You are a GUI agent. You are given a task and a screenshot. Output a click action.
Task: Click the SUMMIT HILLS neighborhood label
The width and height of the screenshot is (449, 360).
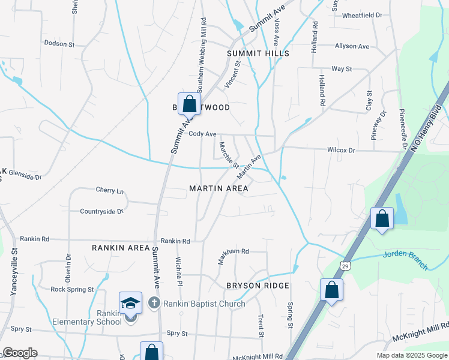[258, 53]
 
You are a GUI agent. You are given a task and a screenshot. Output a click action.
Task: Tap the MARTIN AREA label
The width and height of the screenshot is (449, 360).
[218, 188]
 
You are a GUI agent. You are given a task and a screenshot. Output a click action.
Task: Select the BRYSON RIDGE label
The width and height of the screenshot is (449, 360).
[258, 286]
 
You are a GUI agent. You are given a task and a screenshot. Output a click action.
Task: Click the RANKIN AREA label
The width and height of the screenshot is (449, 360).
[121, 247]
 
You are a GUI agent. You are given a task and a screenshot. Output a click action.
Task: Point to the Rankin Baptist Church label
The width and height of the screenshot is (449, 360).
[204, 304]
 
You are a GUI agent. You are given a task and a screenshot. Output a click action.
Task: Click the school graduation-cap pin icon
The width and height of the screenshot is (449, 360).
[130, 303]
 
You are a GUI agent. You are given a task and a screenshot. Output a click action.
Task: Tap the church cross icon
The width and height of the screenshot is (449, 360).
[154, 303]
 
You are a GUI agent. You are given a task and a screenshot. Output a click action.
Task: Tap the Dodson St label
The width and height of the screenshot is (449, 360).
[59, 44]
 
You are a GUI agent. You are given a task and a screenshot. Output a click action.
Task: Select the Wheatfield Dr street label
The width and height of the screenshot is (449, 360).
[362, 15]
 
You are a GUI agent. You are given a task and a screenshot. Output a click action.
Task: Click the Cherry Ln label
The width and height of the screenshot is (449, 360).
[109, 190]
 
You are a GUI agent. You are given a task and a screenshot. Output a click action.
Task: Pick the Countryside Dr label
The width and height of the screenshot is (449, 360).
[101, 211]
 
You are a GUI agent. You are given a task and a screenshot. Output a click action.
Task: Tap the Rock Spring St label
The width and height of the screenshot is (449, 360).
[72, 289]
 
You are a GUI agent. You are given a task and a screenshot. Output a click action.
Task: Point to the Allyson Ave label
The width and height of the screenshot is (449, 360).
[352, 46]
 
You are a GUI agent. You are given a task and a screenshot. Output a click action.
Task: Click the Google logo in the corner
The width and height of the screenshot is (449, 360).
[20, 353]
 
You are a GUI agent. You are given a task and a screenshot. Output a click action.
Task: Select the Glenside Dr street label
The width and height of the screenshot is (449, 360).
[25, 177]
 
